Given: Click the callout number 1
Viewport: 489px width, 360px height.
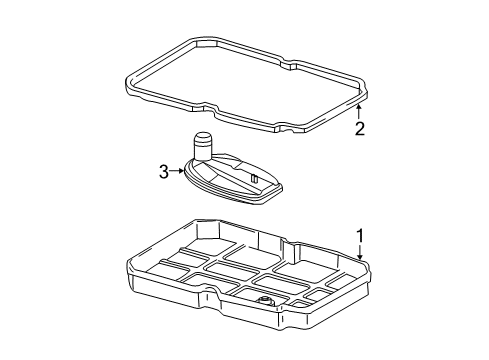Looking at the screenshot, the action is coord(360,236).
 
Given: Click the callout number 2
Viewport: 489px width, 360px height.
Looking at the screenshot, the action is coord(360,129).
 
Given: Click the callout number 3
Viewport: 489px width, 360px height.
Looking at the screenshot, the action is coord(164,172).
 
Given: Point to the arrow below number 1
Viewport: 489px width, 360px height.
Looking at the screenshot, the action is coord(360,252).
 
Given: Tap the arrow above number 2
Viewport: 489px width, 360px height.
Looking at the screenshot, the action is coord(359,112).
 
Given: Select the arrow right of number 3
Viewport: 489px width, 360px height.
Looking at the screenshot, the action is coord(177,171).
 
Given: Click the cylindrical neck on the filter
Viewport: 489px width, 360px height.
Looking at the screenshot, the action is coord(203,147).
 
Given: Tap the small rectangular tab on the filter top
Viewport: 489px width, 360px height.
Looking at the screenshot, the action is coord(254,178).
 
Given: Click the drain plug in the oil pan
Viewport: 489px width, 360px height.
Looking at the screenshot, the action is coord(265,301).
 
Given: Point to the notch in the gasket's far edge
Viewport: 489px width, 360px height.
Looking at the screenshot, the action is coord(289,64).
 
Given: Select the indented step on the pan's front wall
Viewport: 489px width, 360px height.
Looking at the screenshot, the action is coord(212,293).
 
